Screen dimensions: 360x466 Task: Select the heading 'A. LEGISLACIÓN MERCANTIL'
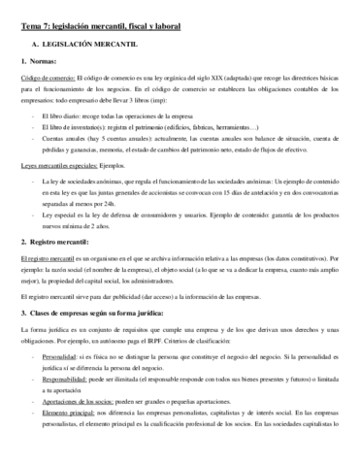[87, 45]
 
